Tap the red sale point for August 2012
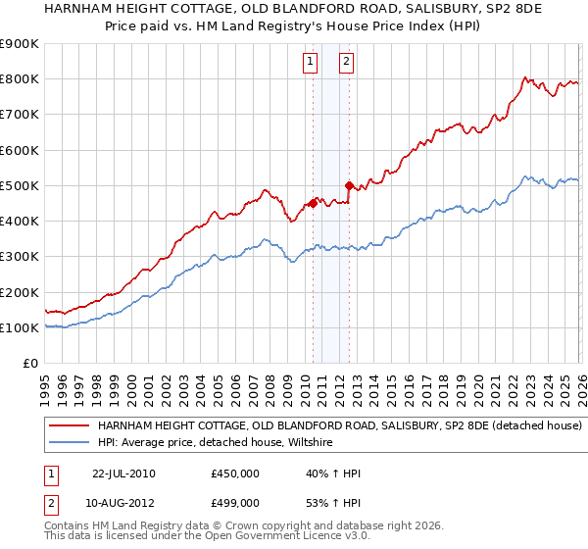click(349, 184)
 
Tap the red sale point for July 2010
click(313, 203)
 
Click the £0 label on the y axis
click(29, 363)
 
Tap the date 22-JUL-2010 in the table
click(123, 474)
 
